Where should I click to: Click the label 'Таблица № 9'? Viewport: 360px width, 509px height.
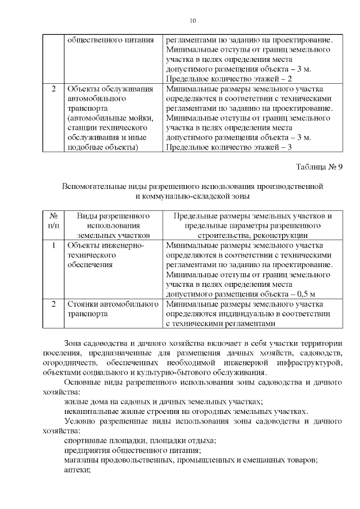(x=318, y=167)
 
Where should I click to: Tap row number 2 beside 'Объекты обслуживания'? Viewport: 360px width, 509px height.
(x=53, y=89)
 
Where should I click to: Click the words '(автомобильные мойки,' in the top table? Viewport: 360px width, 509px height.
(x=110, y=118)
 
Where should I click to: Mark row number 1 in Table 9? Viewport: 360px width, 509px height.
(x=53, y=245)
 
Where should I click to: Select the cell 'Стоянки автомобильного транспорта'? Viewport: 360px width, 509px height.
(x=112, y=309)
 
